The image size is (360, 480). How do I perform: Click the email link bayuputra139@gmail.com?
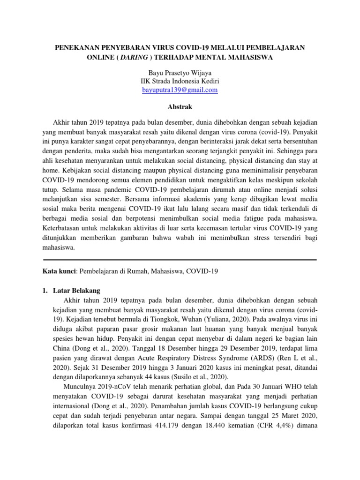[x=180, y=90]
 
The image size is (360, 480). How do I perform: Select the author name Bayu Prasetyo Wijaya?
[x=180, y=73]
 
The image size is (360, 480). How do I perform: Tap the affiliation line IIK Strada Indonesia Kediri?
[x=180, y=82]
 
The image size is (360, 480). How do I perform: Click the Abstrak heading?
[x=180, y=107]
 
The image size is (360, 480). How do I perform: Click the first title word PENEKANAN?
[x=78, y=47]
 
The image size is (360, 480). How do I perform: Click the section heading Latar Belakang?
[x=77, y=291]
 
